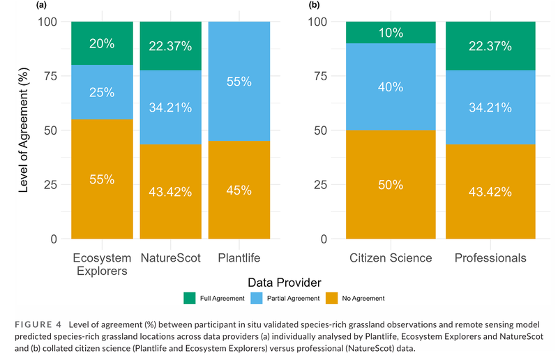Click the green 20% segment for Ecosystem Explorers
click(101, 43)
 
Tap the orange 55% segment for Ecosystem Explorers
click(101, 179)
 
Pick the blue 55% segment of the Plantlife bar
click(239, 81)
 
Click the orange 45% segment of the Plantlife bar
click(239, 190)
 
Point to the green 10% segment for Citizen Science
click(391, 32)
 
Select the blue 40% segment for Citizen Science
click(391, 87)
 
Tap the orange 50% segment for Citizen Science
click(391, 185)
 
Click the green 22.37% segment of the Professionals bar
click(490, 46)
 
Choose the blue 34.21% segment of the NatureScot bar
click(170, 107)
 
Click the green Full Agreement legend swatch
click(189, 299)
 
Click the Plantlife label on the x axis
click(239, 258)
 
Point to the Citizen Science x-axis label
click(391, 258)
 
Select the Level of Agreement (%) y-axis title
click(23, 131)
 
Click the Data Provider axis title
click(284, 283)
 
